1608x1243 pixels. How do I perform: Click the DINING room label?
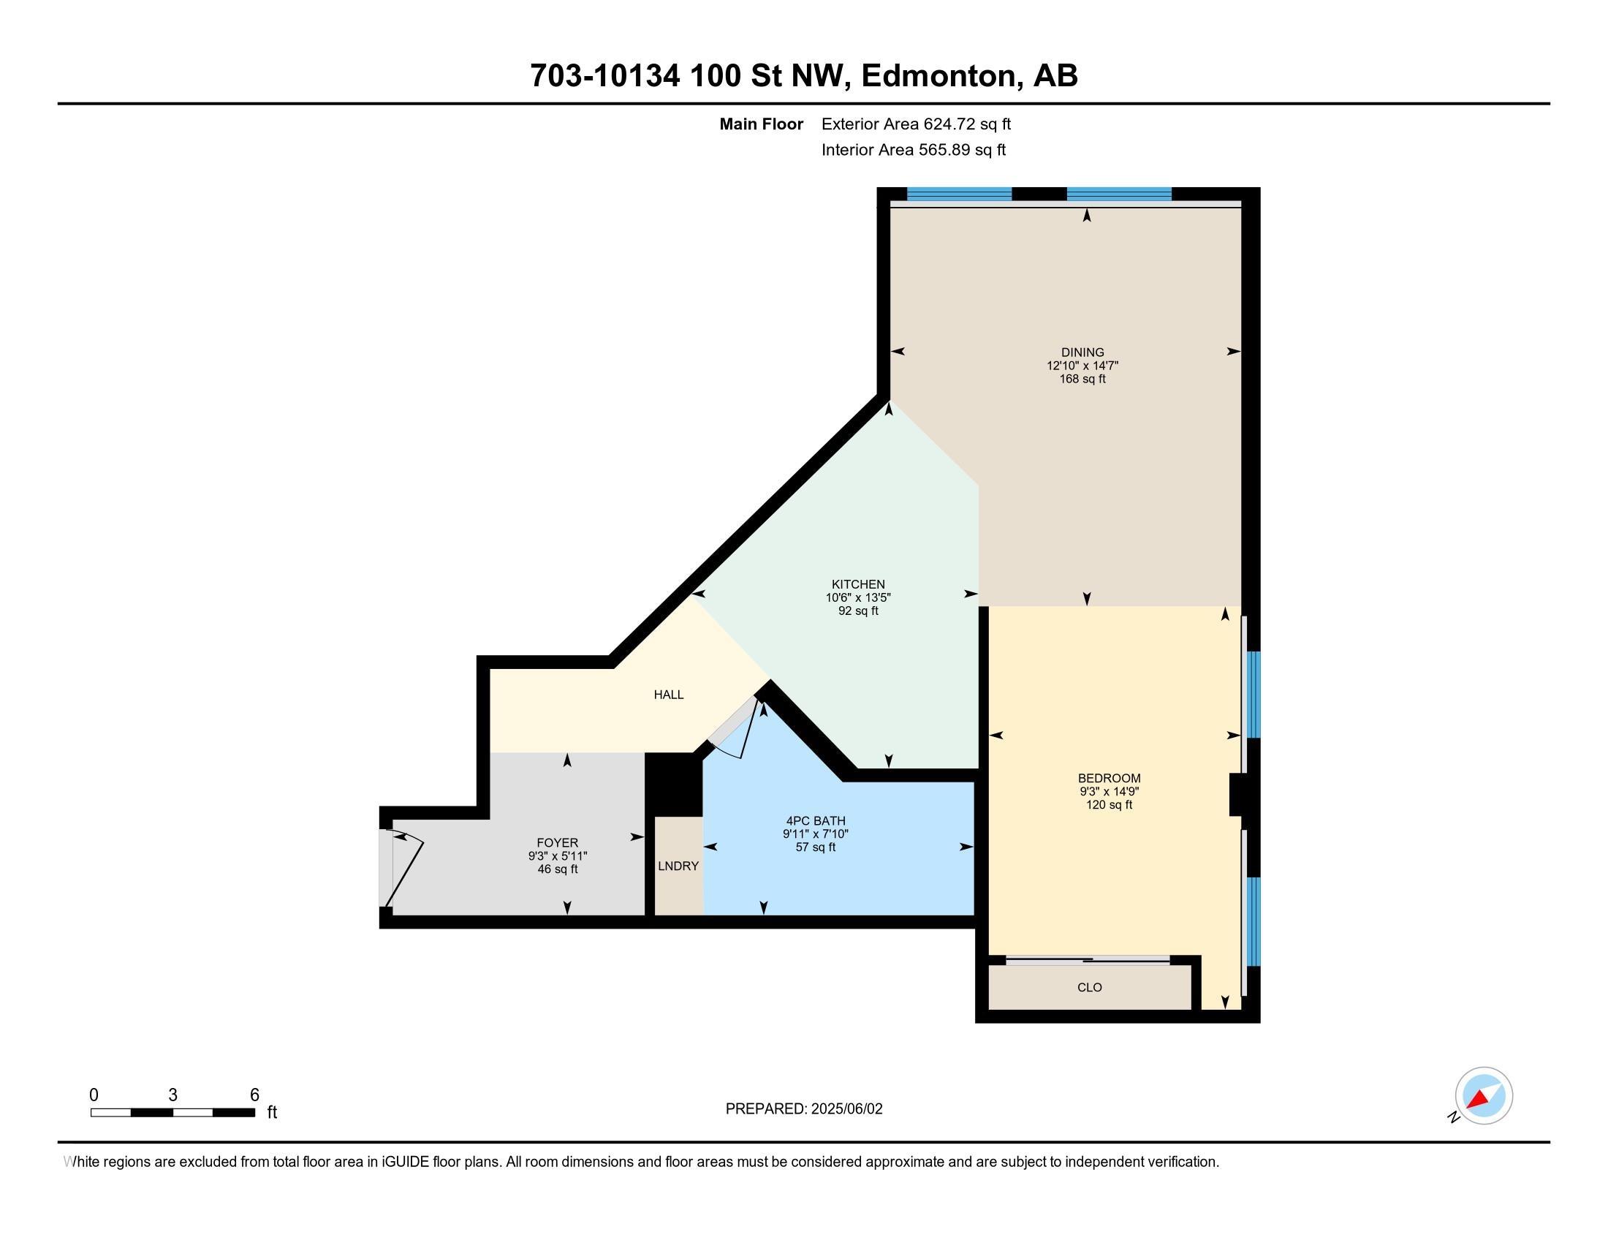pyautogui.click(x=1082, y=352)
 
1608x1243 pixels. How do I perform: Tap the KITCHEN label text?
pyautogui.click(x=858, y=584)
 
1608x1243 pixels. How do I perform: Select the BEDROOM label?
pyautogui.click(x=1109, y=778)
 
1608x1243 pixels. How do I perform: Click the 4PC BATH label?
pyautogui.click(x=815, y=820)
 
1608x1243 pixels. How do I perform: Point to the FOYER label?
pyautogui.click(x=558, y=842)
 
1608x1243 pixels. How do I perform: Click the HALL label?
pyautogui.click(x=669, y=695)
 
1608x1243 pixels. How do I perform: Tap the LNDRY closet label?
pyautogui.click(x=678, y=866)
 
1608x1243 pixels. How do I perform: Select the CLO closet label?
pyautogui.click(x=1089, y=988)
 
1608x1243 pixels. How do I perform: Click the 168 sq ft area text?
pyautogui.click(x=1082, y=379)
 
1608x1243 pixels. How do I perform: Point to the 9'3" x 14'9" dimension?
pyautogui.click(x=1109, y=792)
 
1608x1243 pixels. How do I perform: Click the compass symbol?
pyautogui.click(x=1483, y=1096)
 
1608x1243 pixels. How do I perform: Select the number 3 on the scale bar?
pyautogui.click(x=172, y=1095)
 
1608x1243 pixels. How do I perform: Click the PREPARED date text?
pyautogui.click(x=803, y=1109)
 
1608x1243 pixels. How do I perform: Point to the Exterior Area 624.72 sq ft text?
pyautogui.click(x=916, y=124)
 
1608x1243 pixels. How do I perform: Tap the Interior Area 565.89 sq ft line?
pyautogui.click(x=913, y=150)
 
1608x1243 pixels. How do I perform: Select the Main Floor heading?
pyautogui.click(x=761, y=124)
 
